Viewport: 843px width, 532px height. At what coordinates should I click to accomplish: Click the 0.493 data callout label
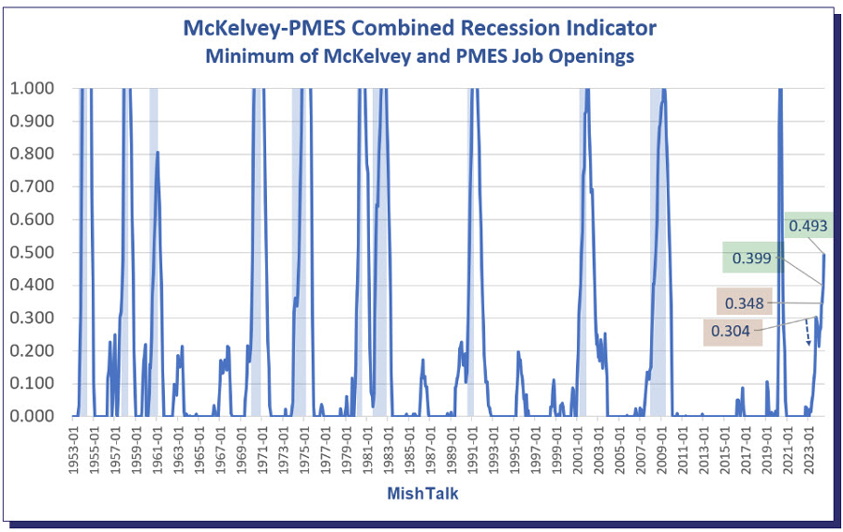(808, 225)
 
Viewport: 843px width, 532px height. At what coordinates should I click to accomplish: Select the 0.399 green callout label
(752, 258)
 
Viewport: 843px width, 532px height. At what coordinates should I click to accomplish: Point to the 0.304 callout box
(732, 331)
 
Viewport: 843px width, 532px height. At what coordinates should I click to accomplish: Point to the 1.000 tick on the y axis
(33, 89)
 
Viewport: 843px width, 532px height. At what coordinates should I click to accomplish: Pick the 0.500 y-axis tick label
(33, 253)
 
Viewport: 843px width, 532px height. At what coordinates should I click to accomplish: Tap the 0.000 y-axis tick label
(33, 416)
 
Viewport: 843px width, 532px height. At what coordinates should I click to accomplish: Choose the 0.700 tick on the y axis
(33, 187)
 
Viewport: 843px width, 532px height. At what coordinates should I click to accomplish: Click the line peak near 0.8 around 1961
(157, 153)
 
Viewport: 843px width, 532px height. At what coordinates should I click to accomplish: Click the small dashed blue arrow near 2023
(807, 334)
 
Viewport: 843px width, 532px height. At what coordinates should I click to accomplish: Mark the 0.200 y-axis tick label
(33, 350)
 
